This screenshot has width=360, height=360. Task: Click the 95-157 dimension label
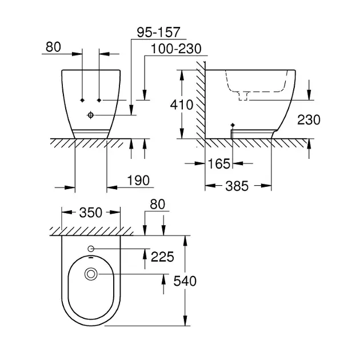pyautogui.click(x=158, y=32)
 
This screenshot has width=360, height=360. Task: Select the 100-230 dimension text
pyautogui.click(x=176, y=49)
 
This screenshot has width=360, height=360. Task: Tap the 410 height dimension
pyautogui.click(x=182, y=105)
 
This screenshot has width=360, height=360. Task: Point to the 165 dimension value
pyautogui.click(x=219, y=163)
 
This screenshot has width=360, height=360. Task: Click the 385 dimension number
pyautogui.click(x=237, y=186)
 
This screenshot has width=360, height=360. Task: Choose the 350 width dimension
pyautogui.click(x=91, y=213)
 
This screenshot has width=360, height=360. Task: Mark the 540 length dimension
pyautogui.click(x=185, y=281)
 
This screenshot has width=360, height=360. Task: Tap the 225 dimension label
pyautogui.click(x=162, y=257)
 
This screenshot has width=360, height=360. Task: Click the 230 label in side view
pyautogui.click(x=309, y=120)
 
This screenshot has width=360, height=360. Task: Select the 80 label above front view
pyautogui.click(x=53, y=47)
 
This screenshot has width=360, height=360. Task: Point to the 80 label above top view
pyautogui.click(x=158, y=204)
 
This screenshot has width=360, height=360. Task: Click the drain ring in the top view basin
pyautogui.click(x=91, y=274)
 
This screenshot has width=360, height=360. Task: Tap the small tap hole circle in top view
pyautogui.click(x=91, y=249)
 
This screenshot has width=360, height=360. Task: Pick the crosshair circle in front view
pyautogui.click(x=91, y=115)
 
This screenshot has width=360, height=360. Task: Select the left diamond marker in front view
pyautogui.click(x=82, y=100)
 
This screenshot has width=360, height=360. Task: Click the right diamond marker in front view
pyautogui.click(x=99, y=100)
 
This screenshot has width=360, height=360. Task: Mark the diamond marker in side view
pyautogui.click(x=233, y=125)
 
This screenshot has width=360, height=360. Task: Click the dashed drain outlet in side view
pyautogui.click(x=243, y=96)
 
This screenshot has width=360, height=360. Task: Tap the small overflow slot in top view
pyautogui.click(x=91, y=257)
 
